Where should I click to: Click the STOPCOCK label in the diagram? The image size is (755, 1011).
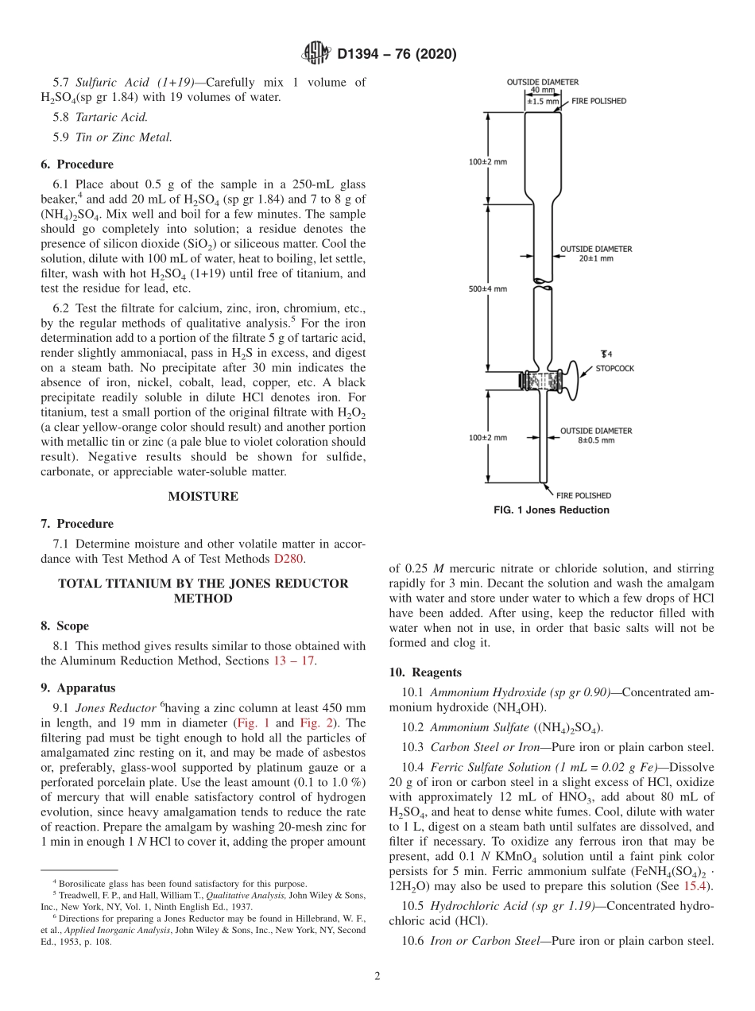[615, 369]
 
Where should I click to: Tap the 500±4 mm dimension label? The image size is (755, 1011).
[487, 289]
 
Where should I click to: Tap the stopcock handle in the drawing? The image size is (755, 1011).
[571, 382]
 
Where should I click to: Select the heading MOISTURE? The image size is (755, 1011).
[203, 497]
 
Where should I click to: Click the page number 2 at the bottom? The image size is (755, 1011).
[377, 977]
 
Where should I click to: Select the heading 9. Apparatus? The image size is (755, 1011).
[78, 688]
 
